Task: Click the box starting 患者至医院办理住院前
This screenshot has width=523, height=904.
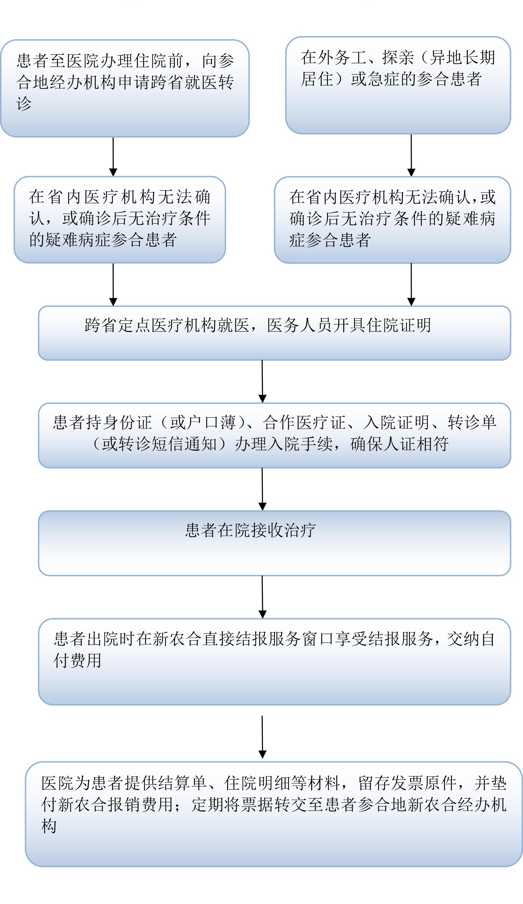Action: [x=125, y=88]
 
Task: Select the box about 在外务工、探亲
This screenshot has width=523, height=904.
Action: [x=398, y=85]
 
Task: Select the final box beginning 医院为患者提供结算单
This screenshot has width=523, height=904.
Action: [x=274, y=814]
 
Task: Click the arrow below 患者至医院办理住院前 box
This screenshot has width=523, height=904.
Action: [x=113, y=157]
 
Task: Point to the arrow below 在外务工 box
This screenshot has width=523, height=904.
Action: [x=411, y=155]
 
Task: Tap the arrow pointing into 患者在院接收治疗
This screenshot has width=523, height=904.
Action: [x=262, y=489]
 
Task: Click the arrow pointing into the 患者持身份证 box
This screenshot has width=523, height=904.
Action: [x=262, y=381]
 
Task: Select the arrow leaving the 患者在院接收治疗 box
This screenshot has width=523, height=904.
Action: [x=262, y=597]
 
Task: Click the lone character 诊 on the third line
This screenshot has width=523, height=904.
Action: [x=24, y=104]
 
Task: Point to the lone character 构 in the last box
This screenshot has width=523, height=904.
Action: [x=49, y=826]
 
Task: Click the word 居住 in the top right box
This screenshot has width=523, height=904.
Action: [x=317, y=79]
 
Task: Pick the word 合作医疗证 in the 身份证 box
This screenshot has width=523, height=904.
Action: [x=304, y=423]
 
